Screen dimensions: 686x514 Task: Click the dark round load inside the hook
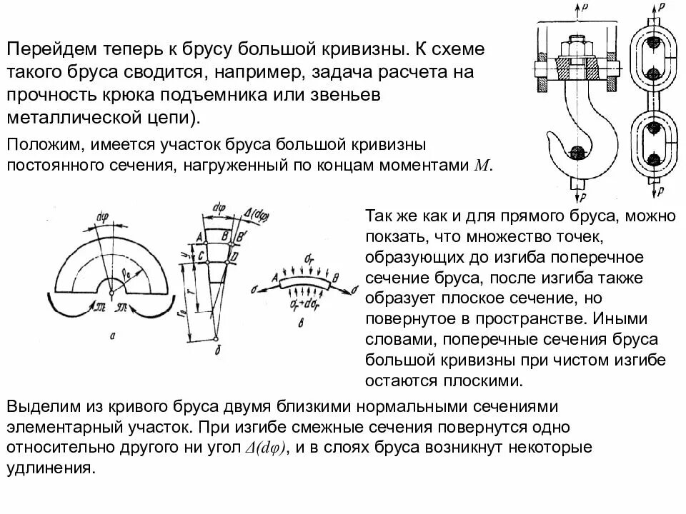(x=577, y=152)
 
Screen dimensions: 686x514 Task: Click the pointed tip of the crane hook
(x=549, y=136)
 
